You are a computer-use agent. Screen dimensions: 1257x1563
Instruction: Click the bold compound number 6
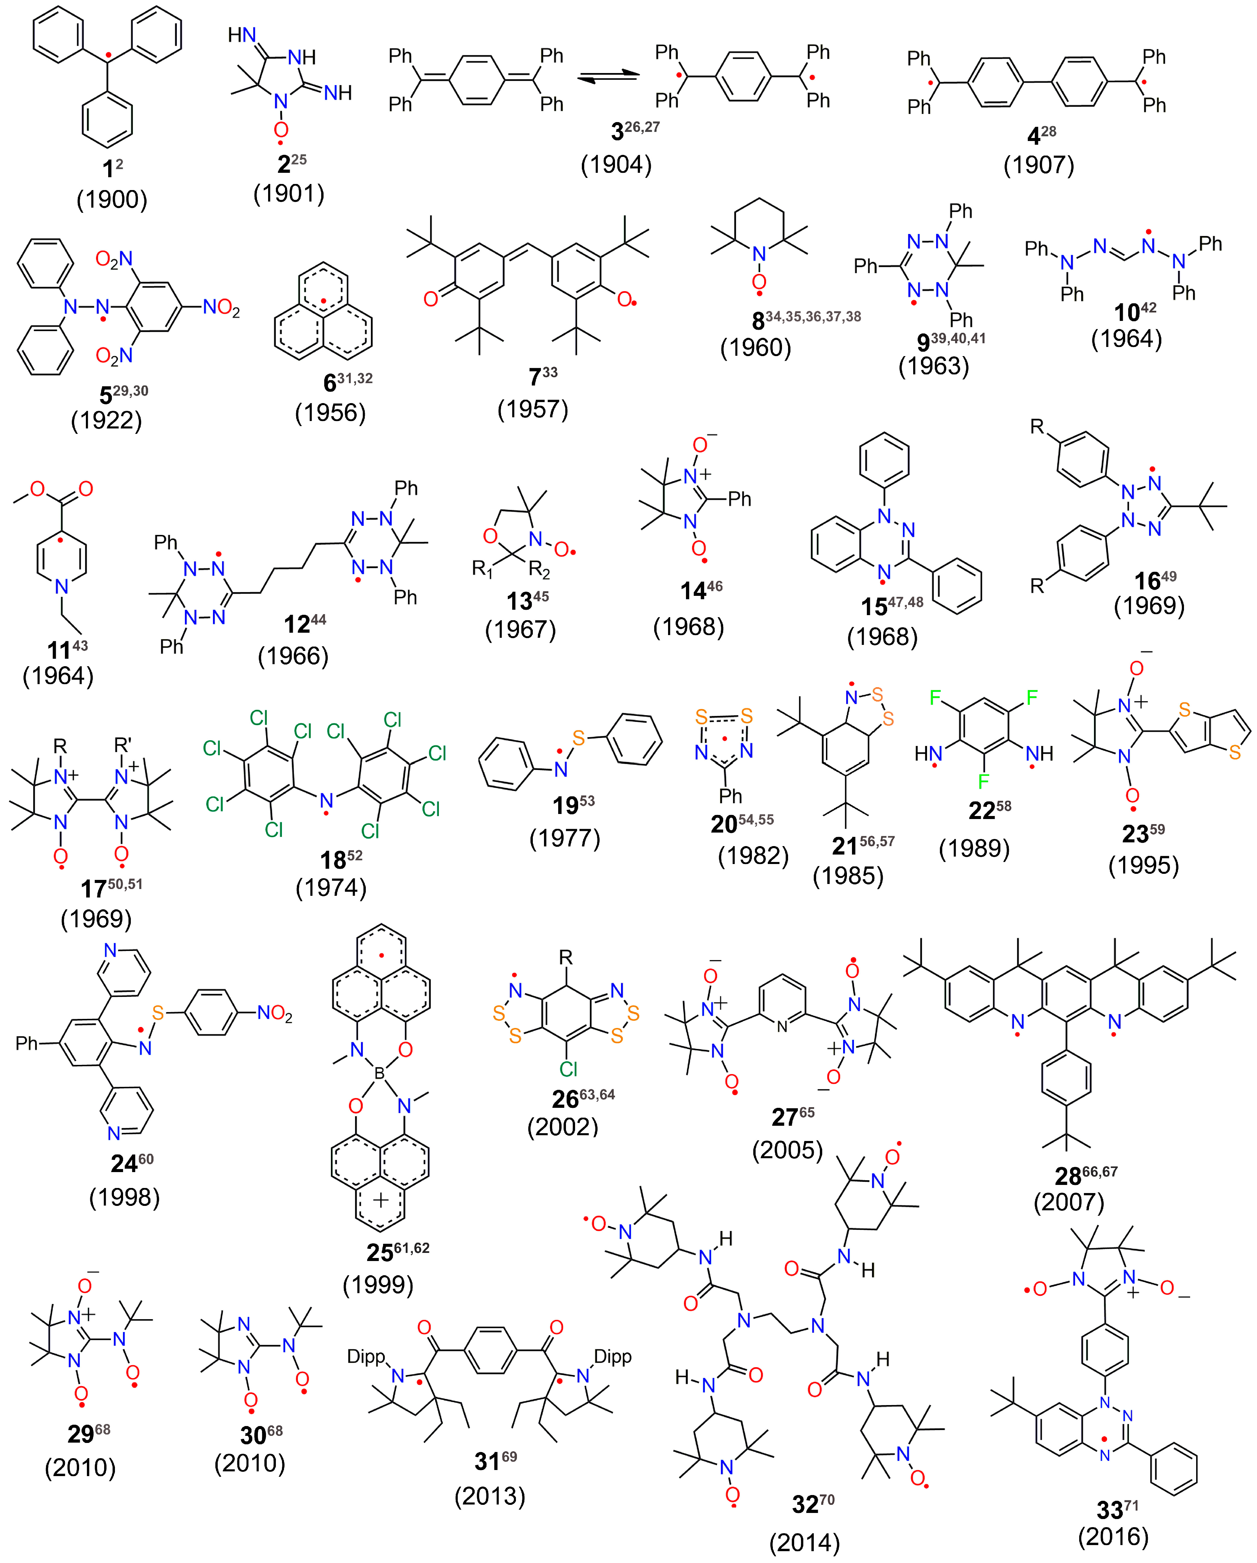click(330, 382)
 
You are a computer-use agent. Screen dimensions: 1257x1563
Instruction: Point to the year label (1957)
click(533, 410)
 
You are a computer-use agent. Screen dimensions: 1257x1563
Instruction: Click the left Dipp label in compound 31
click(366, 1356)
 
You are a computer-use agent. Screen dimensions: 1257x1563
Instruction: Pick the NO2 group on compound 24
click(275, 1013)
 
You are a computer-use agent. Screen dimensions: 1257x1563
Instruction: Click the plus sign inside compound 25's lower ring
click(380, 1200)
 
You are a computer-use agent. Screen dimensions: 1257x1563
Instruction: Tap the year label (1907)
click(1038, 165)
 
